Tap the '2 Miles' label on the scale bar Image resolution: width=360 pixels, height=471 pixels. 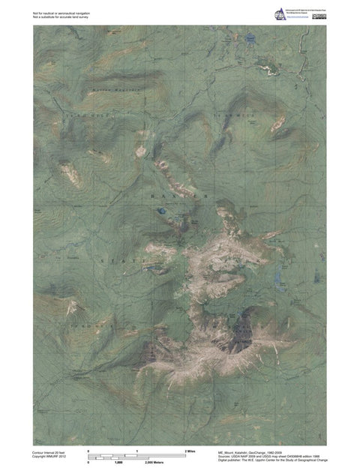[x=190, y=449]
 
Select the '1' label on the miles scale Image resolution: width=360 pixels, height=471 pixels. [x=137, y=449]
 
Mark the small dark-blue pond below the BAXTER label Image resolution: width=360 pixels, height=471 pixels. [x=161, y=213]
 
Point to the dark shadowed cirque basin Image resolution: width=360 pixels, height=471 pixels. [x=241, y=342]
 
